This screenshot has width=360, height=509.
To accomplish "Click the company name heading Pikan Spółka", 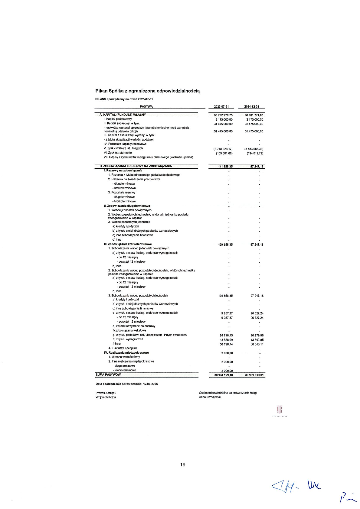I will pos(147,91).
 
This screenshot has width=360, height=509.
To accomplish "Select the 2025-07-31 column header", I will pos(221,107).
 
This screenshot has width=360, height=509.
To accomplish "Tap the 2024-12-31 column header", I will pos(252,107).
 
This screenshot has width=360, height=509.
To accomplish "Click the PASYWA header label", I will pos(146,106).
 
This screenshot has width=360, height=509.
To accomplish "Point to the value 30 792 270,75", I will pos(223,115).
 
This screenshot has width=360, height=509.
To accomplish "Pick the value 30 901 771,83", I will pos(254,115).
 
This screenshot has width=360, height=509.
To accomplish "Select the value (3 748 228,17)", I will pos(223,149).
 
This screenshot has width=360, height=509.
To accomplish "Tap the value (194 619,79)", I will pos(255,153).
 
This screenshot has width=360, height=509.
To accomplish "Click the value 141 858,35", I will pos(225,167).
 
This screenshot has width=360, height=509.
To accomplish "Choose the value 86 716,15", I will pos(226,336).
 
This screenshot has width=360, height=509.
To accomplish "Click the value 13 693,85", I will pos(257,340).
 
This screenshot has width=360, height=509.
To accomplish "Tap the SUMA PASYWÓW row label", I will pos(108,375).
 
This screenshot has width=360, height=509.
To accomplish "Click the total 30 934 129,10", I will pos(224,375).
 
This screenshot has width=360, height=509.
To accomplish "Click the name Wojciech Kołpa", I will pos(106,397).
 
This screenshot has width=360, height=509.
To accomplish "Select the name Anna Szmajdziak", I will pos(210,397).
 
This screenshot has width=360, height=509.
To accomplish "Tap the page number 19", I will pos(183,465).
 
